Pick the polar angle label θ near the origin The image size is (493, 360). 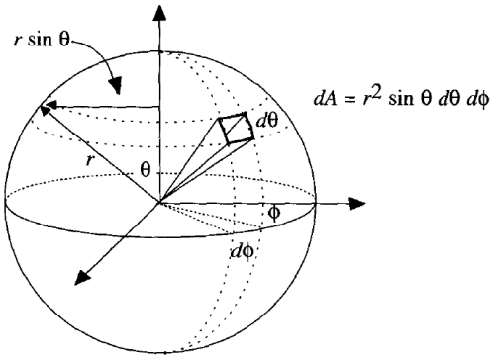pos(145,171)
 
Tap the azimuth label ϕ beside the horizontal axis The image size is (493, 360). pos(276,213)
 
